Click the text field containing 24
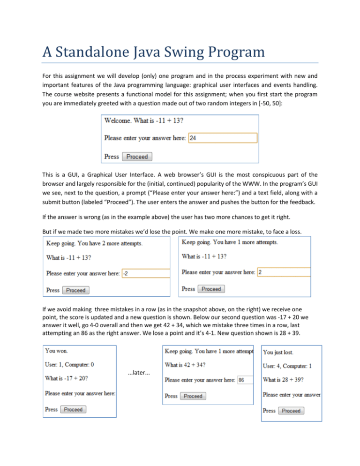(222, 138)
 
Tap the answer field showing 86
(245, 380)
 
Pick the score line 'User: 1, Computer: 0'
(74, 363)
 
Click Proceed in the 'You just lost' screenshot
(291, 411)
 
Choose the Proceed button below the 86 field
(193, 396)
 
